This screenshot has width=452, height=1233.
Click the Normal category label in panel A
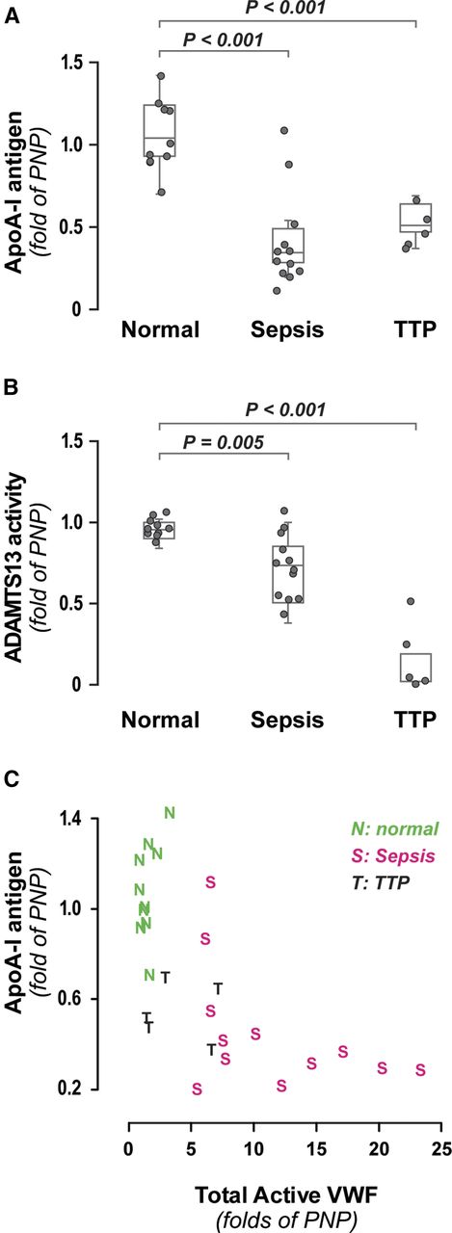tap(159, 330)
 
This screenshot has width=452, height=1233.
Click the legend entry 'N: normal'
tap(394, 828)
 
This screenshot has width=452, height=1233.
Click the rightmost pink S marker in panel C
tap(420, 1070)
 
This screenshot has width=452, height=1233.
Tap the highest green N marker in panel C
tap(170, 813)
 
